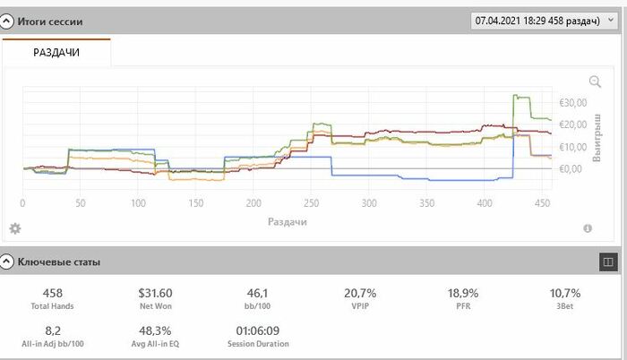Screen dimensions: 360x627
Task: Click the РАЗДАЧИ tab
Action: click(56, 53)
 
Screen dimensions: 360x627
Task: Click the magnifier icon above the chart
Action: click(595, 82)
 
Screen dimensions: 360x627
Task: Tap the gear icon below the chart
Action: click(15, 228)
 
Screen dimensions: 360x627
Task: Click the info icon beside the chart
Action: click(588, 228)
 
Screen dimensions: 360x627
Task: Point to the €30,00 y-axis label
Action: click(573, 102)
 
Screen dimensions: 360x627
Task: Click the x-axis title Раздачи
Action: click(287, 220)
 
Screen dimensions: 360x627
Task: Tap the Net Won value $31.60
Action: click(155, 293)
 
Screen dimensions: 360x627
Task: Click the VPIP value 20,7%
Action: click(359, 293)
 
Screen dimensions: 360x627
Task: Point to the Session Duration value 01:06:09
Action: click(256, 329)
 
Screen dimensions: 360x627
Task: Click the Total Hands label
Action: click(52, 306)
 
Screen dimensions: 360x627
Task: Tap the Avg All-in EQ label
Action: click(155, 343)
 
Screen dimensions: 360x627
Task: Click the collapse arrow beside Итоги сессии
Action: click(7, 20)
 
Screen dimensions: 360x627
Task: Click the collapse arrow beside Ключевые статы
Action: click(7, 262)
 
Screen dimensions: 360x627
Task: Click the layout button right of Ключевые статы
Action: click(608, 261)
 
